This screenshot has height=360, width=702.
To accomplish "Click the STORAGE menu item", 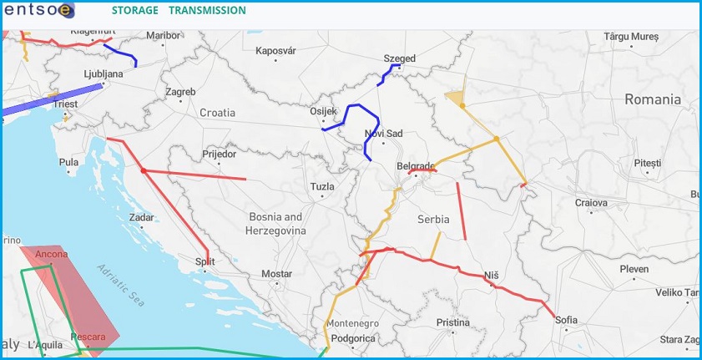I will pos(134,11).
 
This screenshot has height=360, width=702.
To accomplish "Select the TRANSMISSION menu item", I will pos(207,11).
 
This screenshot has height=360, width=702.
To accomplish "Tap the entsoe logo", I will pos(38,10).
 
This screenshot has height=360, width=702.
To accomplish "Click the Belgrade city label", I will pos(417,165).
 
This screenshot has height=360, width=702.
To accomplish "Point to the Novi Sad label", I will pos(384,134).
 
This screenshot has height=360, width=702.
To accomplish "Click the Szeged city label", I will pos(399,58).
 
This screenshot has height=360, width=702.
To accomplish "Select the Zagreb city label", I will pos(180,92).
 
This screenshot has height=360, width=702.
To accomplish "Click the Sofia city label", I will pos(566,320).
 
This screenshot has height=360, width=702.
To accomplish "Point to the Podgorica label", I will pos(353,338).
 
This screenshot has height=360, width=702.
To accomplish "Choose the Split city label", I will pos(205,261).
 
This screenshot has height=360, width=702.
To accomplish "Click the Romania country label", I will pos(653,99).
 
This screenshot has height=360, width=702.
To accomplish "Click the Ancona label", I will pos(52,254).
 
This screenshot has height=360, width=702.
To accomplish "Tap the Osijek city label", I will pos(323,111).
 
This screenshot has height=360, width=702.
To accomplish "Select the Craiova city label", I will pos(591,202).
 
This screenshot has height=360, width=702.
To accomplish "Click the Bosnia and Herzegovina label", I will pos(275,223).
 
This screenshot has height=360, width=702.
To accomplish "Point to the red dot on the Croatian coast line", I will pos(144,170).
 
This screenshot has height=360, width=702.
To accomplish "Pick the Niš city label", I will pos(491,275).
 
